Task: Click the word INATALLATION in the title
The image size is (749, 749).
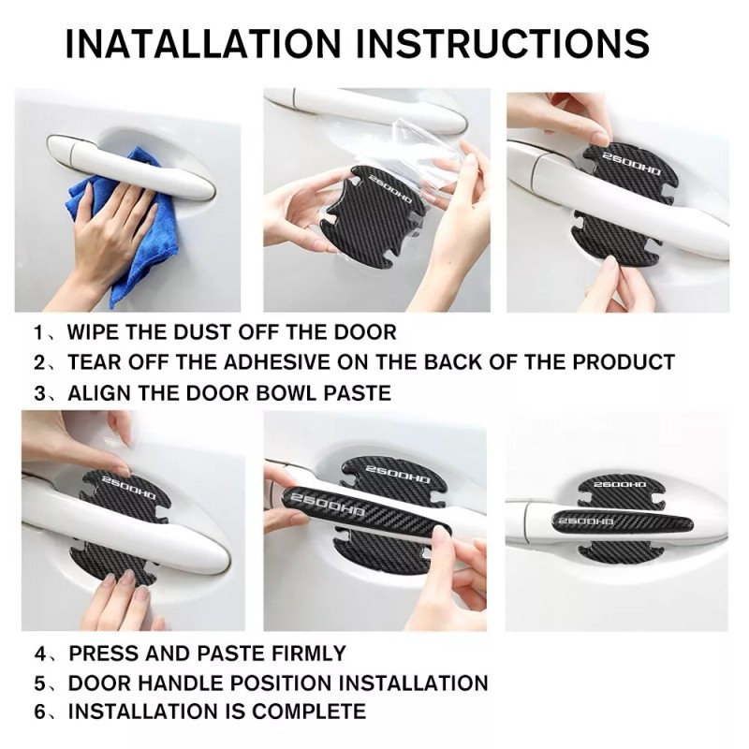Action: click(x=202, y=43)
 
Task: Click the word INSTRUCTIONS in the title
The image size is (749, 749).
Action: click(x=503, y=43)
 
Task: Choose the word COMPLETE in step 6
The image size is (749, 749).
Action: click(x=309, y=712)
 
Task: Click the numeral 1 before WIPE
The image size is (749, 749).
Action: click(x=38, y=332)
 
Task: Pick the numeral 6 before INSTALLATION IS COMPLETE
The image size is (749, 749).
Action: click(x=39, y=712)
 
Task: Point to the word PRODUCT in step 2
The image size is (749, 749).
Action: click(x=624, y=362)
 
